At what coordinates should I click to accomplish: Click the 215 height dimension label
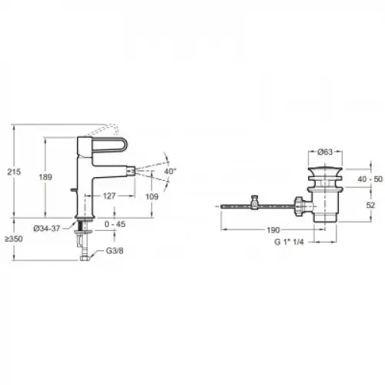point(14,172)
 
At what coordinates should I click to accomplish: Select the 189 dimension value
point(45,177)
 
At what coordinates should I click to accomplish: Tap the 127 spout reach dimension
point(109,196)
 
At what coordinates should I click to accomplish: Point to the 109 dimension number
point(152,196)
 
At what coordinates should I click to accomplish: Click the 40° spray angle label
point(170,171)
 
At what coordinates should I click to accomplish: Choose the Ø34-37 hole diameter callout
point(47,228)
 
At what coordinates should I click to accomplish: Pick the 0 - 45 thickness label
point(115,224)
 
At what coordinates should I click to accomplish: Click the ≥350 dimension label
point(14,239)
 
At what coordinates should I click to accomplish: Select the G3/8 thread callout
point(115,251)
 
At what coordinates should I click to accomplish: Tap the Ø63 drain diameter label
point(325,152)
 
